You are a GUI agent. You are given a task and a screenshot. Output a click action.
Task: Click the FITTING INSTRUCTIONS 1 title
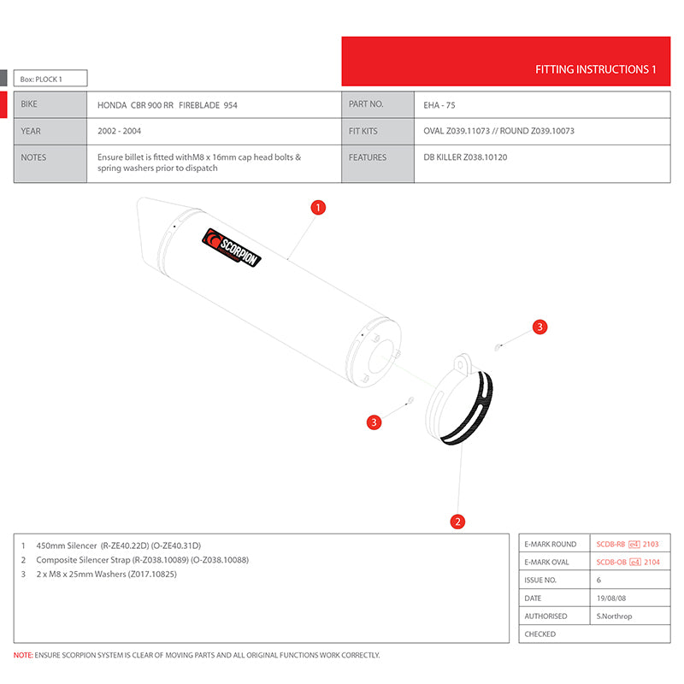tap(595, 69)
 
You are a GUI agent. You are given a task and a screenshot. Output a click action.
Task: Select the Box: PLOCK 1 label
tap(42, 79)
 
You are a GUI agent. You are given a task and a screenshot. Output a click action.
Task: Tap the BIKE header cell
tap(29, 104)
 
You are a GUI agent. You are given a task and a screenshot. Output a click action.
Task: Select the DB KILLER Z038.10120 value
tap(465, 157)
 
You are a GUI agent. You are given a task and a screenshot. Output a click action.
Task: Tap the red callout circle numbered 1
tap(318, 207)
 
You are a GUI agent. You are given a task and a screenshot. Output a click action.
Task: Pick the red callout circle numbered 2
tap(458, 521)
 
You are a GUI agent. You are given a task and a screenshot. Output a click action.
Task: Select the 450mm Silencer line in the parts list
tap(118, 545)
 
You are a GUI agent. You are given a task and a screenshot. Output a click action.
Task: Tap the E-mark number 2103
tap(651, 544)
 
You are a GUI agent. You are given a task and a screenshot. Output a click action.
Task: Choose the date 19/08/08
tap(612, 598)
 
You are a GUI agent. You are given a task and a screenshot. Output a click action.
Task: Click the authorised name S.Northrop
tap(614, 616)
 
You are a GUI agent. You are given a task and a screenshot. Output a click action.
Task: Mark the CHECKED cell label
tap(540, 634)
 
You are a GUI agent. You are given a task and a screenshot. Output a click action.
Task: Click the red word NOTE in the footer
tap(23, 655)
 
